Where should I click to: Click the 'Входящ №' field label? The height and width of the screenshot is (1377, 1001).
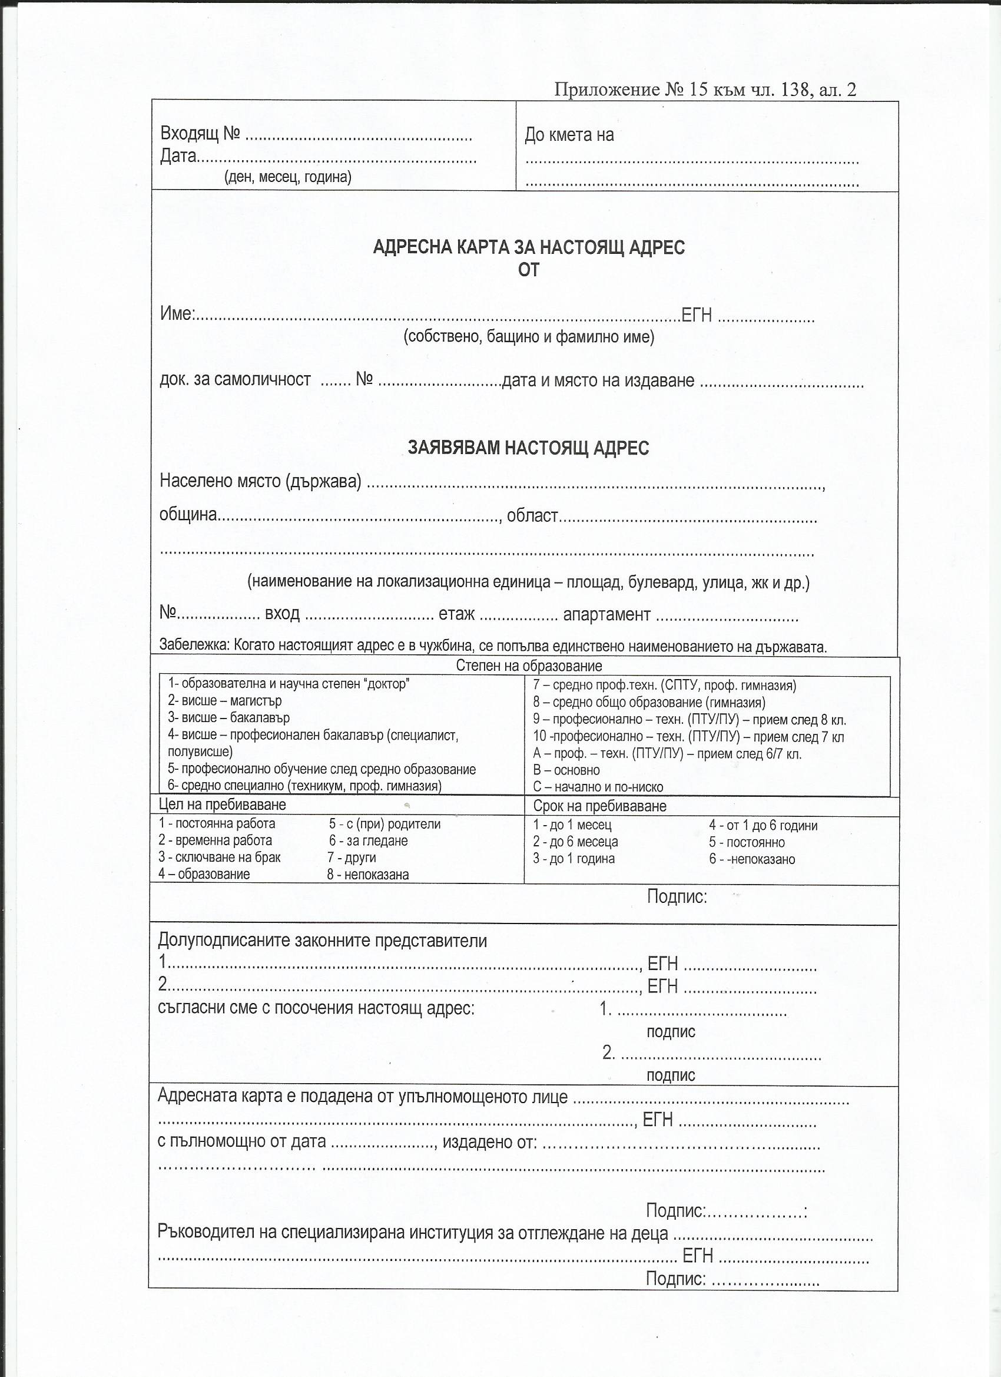click(x=200, y=134)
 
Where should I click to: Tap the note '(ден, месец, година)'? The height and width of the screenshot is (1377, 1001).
click(x=288, y=177)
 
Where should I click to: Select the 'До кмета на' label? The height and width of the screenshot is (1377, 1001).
click(x=569, y=135)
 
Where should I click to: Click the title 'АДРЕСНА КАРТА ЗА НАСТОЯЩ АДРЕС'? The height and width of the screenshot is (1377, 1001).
click(x=528, y=247)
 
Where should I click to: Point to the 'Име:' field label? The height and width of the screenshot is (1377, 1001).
click(x=177, y=313)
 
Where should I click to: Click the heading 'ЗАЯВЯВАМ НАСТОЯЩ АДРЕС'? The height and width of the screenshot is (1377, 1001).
click(x=528, y=448)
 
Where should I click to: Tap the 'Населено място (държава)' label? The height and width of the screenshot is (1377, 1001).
click(x=260, y=481)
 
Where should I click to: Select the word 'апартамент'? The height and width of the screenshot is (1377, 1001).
click(x=606, y=614)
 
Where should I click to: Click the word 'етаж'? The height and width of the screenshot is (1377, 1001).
click(x=456, y=614)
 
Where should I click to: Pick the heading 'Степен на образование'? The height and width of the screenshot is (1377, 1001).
click(x=528, y=666)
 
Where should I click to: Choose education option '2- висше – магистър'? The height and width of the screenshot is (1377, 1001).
click(x=224, y=701)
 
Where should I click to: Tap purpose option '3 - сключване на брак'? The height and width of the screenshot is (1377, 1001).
click(x=220, y=858)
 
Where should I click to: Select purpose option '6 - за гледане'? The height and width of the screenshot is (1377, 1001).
click(x=369, y=841)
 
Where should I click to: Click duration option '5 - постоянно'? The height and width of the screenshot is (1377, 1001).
click(x=747, y=843)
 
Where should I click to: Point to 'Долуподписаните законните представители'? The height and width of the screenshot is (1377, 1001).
click(x=322, y=941)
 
